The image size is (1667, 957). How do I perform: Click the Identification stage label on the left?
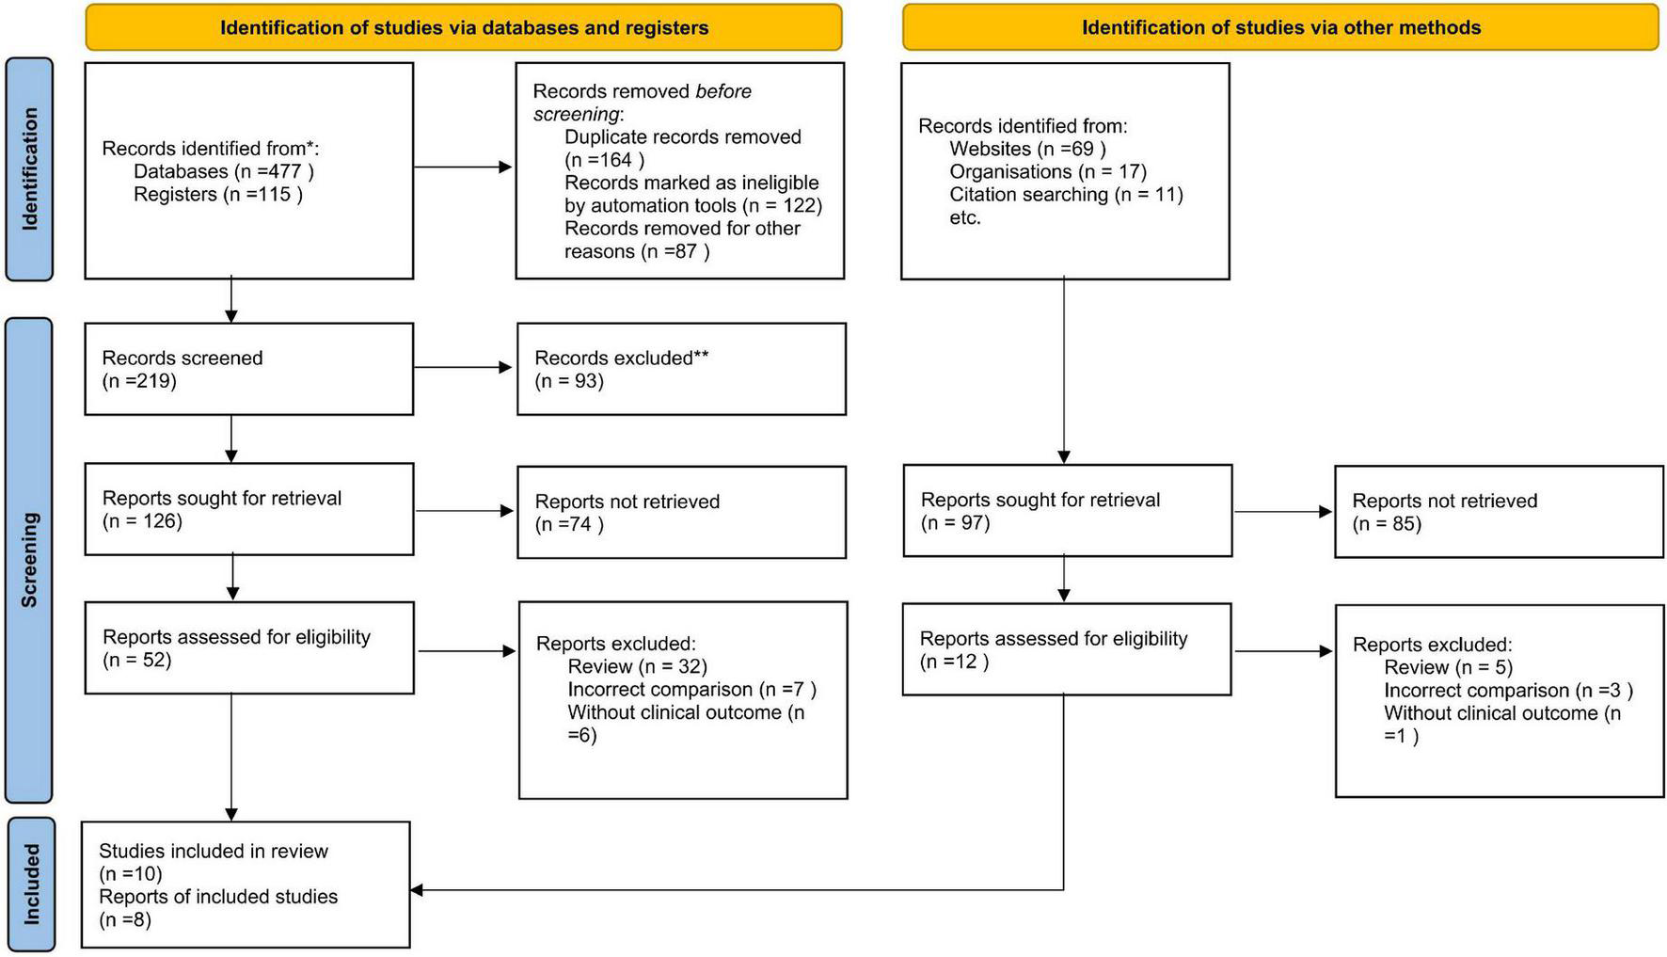pyautogui.click(x=29, y=169)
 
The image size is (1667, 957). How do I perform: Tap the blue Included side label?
pyautogui.click(x=31, y=884)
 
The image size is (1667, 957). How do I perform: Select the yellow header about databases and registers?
pyautogui.click(x=464, y=27)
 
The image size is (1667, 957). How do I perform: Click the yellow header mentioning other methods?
pyautogui.click(x=1280, y=27)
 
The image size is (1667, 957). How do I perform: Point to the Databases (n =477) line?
pyautogui.click(x=223, y=171)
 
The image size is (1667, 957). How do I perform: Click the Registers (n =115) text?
pyautogui.click(x=217, y=195)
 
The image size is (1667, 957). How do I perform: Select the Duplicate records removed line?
pyautogui.click(x=682, y=137)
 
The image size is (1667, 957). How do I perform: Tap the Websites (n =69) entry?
pyautogui.click(x=1027, y=149)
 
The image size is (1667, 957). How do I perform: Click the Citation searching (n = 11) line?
pyautogui.click(x=1066, y=195)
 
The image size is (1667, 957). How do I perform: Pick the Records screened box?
pyautogui.click(x=248, y=369)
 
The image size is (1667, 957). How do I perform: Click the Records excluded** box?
pyautogui.click(x=681, y=369)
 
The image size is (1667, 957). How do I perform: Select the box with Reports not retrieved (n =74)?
pyautogui.click(x=681, y=513)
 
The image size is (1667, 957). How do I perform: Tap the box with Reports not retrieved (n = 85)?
pyautogui.click(x=1499, y=512)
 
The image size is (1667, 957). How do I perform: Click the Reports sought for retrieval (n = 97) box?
pyautogui.click(x=1067, y=511)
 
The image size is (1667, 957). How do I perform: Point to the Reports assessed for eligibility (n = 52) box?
pyautogui.click(x=248, y=648)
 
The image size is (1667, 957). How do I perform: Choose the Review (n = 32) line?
pyautogui.click(x=637, y=667)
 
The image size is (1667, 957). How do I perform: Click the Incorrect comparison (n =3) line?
pyautogui.click(x=1508, y=691)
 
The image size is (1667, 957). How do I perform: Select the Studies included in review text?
pyautogui.click(x=214, y=852)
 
